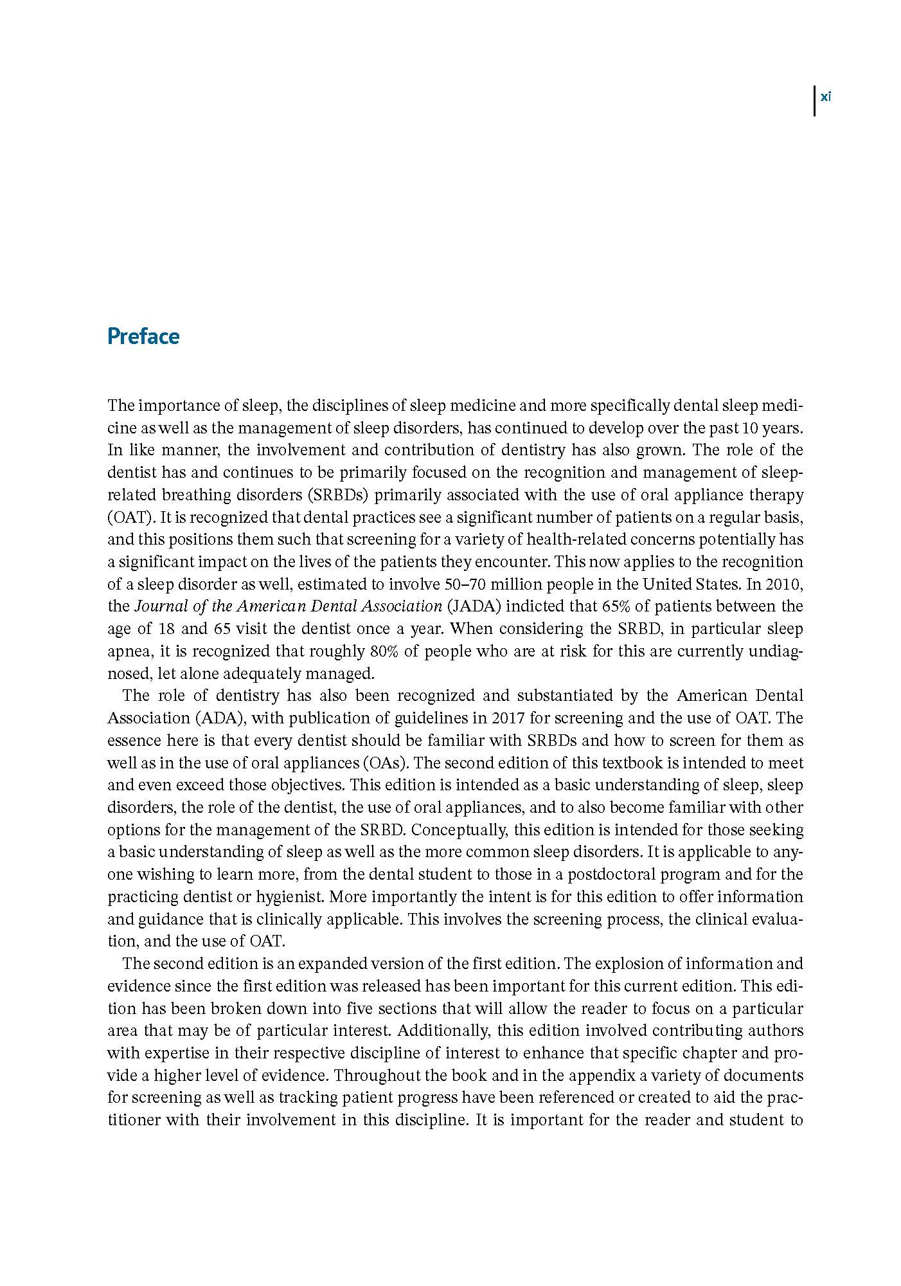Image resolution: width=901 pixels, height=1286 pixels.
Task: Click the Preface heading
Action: point(143,336)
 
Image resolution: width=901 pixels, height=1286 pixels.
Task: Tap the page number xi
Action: point(826,97)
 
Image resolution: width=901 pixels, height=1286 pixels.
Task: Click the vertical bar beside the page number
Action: point(815,101)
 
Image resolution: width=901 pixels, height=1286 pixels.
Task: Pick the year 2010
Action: point(782,584)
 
